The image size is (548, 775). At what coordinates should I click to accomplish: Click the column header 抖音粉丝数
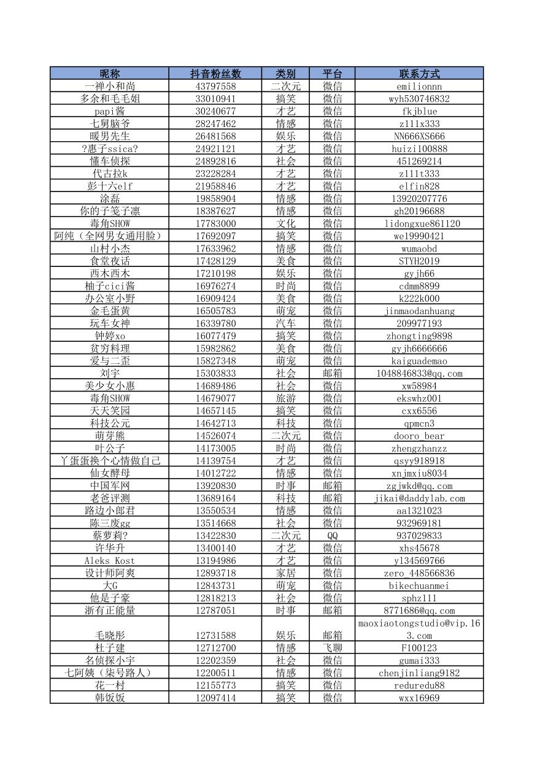tap(215, 74)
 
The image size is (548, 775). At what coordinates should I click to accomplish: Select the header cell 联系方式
tap(419, 74)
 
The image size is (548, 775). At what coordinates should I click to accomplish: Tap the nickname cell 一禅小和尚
tap(110, 87)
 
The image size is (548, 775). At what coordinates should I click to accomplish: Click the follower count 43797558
tap(215, 87)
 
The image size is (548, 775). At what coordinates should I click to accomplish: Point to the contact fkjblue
tap(419, 111)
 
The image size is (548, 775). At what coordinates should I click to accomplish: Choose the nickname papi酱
tap(110, 111)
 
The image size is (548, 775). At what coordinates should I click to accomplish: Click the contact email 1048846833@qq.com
tap(419, 373)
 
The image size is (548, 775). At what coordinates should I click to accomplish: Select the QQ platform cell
tap(332, 536)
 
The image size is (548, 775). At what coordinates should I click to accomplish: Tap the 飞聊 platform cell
tap(332, 648)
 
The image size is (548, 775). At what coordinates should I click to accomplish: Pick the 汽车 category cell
tap(285, 323)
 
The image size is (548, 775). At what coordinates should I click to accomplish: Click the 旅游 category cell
tap(285, 398)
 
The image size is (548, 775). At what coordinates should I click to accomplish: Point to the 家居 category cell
tap(285, 573)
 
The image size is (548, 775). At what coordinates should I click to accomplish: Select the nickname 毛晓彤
tap(110, 635)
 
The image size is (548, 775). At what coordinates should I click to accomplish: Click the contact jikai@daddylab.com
tap(419, 498)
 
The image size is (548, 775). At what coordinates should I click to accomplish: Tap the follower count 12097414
tap(215, 698)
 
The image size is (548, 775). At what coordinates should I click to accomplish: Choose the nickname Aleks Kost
tap(110, 560)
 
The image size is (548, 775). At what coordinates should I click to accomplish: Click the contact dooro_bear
tap(419, 436)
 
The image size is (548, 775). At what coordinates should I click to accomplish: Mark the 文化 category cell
tap(285, 223)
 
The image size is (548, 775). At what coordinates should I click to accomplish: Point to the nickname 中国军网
tap(110, 485)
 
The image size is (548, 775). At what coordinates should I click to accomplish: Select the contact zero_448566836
tap(419, 573)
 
